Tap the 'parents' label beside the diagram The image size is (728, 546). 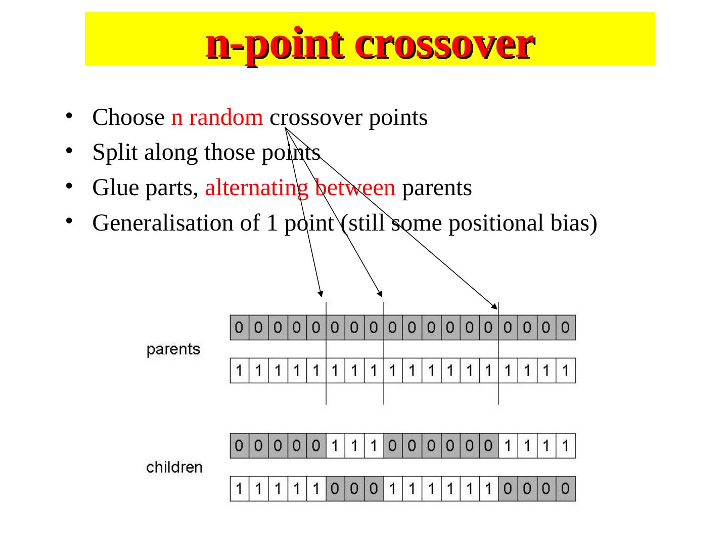tap(173, 349)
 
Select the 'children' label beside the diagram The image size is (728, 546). tap(174, 467)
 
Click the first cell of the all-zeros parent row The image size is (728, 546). tap(240, 328)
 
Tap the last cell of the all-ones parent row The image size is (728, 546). tap(566, 371)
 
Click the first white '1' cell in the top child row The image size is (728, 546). tap(336, 445)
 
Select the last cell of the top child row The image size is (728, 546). tap(566, 445)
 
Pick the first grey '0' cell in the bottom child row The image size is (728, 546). tap(336, 488)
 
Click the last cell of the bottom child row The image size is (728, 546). tap(566, 488)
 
